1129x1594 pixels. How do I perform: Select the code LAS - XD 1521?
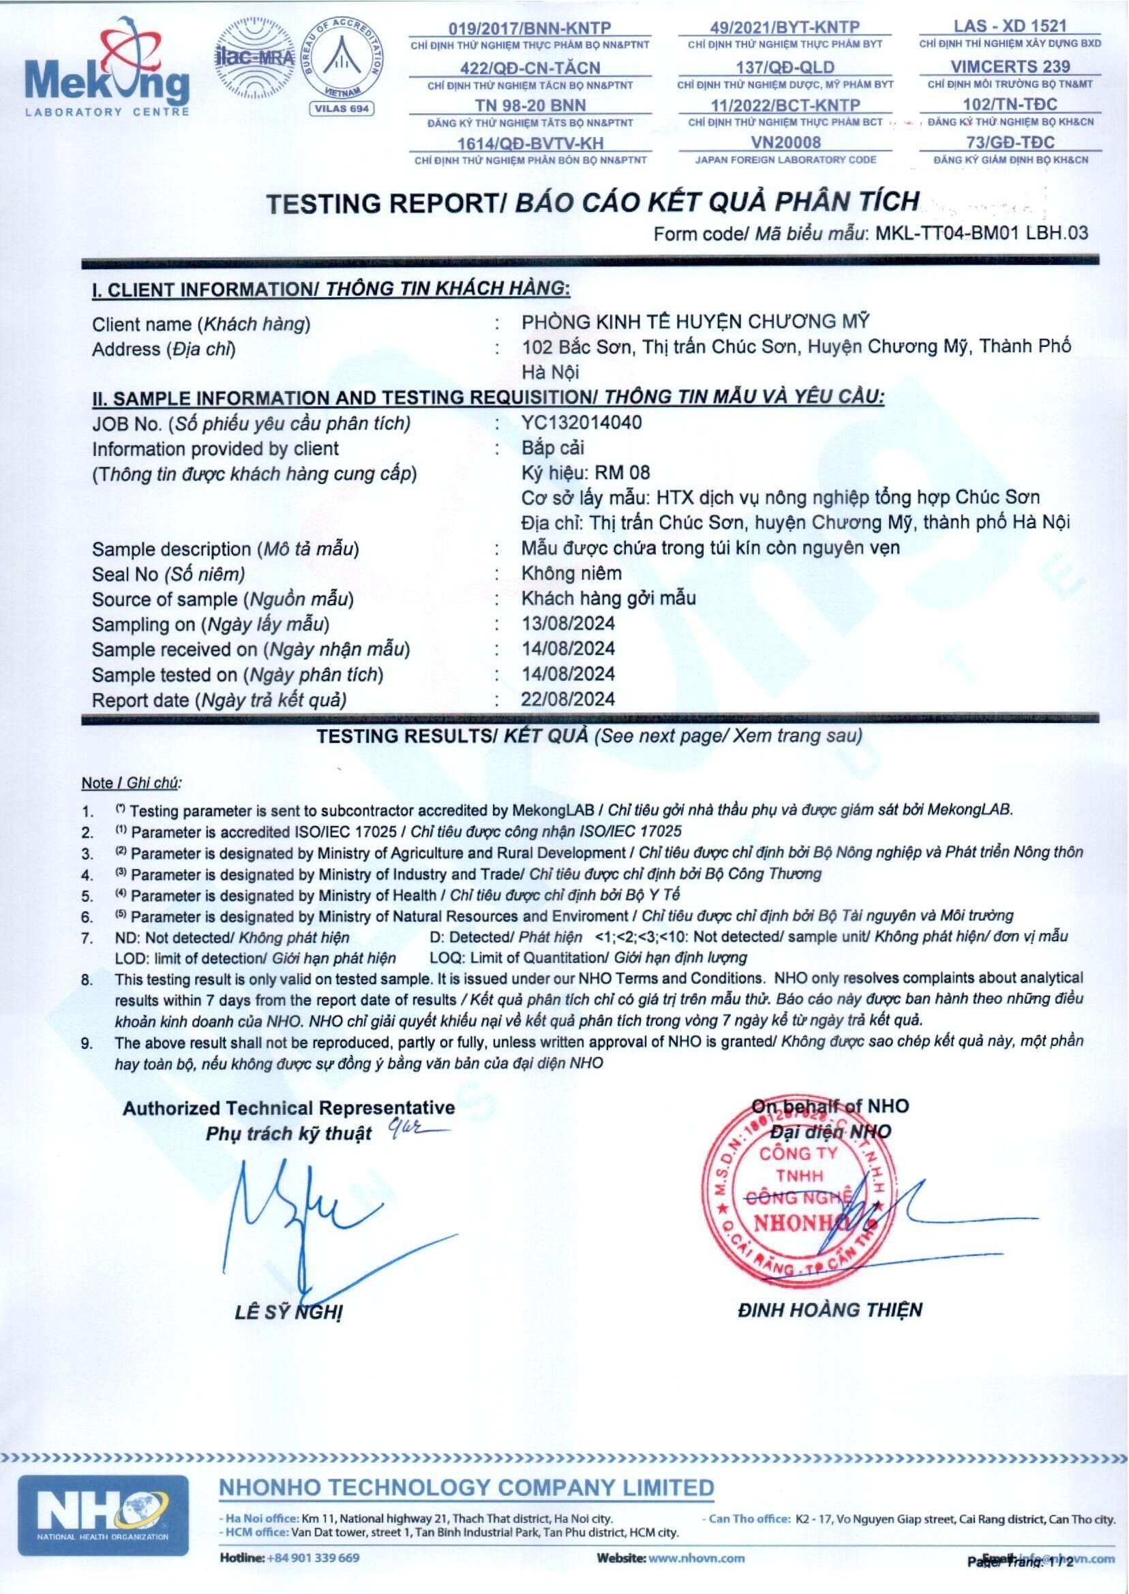1010,27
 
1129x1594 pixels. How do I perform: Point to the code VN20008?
785,142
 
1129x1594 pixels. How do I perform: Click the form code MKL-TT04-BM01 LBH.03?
981,234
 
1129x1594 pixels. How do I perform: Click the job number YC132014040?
582,423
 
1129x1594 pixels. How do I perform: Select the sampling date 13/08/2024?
568,624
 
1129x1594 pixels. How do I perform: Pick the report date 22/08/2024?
568,699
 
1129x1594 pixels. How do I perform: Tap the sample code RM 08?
622,473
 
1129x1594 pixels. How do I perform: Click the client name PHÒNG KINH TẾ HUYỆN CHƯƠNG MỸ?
695,322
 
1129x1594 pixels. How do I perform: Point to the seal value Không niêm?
571,573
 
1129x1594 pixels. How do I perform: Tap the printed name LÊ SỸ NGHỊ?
288,1313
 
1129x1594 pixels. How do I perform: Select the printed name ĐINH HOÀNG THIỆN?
830,1311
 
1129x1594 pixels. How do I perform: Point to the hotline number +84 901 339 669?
313,1557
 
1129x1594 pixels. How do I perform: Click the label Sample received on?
175,649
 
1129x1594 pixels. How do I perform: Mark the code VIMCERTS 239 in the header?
1010,67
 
